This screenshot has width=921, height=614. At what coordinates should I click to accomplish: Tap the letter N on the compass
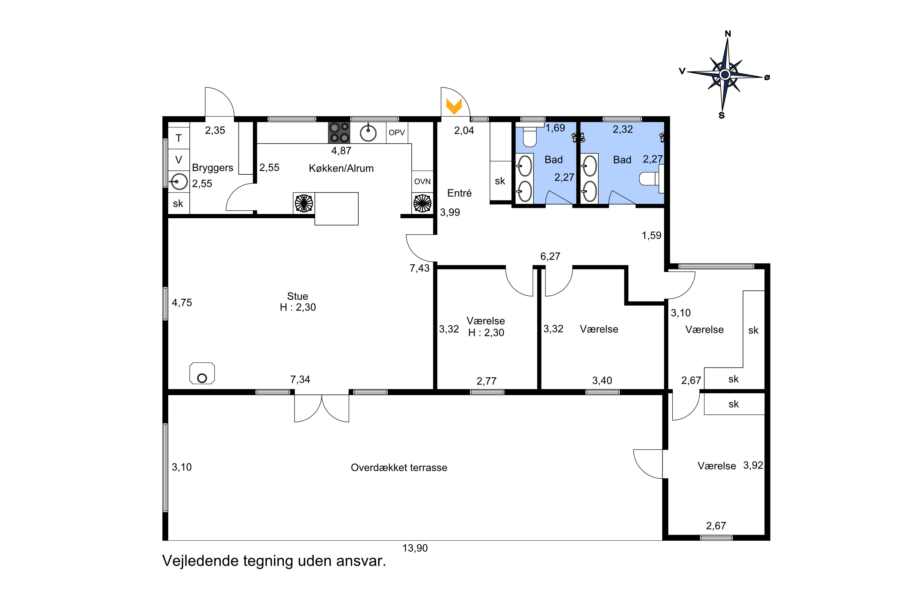click(x=728, y=34)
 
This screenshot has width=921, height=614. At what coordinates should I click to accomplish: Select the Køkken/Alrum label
click(x=341, y=168)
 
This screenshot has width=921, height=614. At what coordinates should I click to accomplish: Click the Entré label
click(x=459, y=193)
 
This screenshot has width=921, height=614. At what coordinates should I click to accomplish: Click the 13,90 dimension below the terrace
click(x=415, y=548)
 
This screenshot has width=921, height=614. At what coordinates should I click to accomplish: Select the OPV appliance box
click(x=397, y=133)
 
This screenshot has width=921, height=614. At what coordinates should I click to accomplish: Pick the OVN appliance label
click(x=422, y=182)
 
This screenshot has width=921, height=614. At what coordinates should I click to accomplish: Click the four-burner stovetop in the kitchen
click(x=339, y=132)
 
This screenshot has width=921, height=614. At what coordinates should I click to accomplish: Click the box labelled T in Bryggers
click(x=179, y=138)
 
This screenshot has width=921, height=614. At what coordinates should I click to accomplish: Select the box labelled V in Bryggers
click(x=179, y=160)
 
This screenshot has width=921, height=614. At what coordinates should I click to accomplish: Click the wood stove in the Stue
click(x=202, y=373)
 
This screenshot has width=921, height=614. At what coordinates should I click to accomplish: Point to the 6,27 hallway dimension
click(x=550, y=256)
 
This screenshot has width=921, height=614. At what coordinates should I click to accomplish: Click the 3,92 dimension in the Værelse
click(x=753, y=465)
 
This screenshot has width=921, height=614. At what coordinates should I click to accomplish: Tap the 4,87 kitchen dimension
click(x=341, y=151)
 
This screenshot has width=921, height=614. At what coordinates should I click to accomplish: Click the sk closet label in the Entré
click(x=500, y=181)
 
